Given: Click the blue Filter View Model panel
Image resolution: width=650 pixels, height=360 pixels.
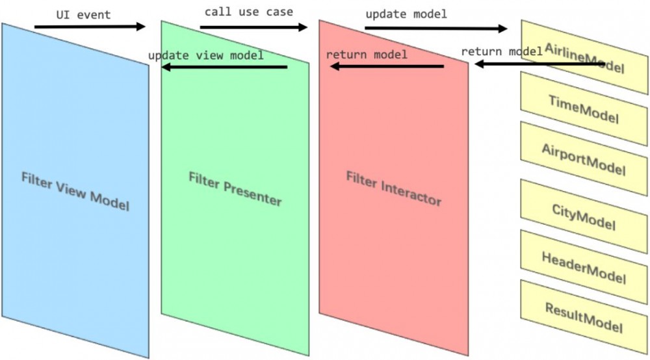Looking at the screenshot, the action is click(75, 190).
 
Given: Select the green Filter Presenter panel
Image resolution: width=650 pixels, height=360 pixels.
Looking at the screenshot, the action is click(235, 188).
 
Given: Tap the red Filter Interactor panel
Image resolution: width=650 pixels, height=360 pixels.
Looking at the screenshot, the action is click(394, 188).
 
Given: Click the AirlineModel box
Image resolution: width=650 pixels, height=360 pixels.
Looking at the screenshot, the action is click(584, 57).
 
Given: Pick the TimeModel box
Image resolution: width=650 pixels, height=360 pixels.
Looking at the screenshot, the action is click(584, 109).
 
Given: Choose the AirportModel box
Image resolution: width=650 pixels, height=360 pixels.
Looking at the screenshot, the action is click(584, 159).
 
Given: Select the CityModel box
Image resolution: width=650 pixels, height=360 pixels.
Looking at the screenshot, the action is click(584, 216).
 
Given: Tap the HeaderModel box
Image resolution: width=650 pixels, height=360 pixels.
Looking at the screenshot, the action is click(584, 267).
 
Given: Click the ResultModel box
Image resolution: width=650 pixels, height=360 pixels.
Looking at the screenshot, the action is click(584, 317).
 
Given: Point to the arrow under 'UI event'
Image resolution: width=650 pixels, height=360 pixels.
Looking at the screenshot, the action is click(90, 27).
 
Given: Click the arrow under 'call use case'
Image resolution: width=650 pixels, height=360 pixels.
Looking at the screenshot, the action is click(253, 27).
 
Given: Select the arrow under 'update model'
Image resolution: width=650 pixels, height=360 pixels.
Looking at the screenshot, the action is click(436, 28).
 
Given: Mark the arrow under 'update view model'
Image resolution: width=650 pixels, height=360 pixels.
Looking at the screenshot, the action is click(224, 67).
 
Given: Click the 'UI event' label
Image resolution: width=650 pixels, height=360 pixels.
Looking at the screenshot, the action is click(84, 15).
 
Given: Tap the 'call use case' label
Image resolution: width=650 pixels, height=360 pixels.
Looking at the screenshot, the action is click(249, 12).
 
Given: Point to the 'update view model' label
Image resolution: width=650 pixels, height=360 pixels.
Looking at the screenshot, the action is click(206, 55).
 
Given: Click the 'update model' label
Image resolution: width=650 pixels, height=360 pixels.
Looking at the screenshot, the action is click(406, 14).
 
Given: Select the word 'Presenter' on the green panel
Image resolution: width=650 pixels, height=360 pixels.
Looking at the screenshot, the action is click(252, 194).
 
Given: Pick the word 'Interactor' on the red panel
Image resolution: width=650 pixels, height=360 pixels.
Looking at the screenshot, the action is click(411, 194).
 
